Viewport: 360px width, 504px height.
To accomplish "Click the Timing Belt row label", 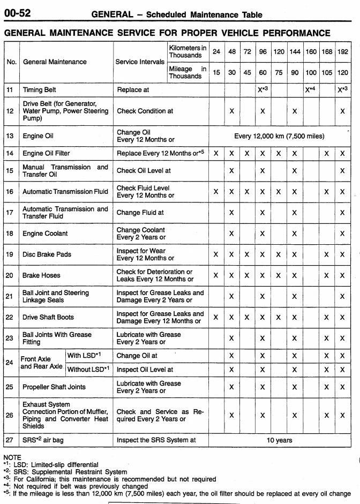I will pos(40,90).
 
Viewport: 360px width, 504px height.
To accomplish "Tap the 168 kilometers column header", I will pos(326,52).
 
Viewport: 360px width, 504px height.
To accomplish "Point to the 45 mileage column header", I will pos(247,72).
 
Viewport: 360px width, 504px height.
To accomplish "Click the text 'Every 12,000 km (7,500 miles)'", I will pos(279,136).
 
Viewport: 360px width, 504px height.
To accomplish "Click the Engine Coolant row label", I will pos(46,234).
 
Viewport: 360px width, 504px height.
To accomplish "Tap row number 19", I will pos(10,254).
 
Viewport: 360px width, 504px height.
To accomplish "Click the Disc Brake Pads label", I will pos(47,254).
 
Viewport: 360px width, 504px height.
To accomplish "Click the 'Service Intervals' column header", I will pos(139,62).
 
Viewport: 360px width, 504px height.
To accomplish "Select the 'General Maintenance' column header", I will pos(55,62).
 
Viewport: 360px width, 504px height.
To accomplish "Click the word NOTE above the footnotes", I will pos(12,458).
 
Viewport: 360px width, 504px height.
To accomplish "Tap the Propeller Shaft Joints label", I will pos(54,387).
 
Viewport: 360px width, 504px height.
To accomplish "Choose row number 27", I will pos(10,440).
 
